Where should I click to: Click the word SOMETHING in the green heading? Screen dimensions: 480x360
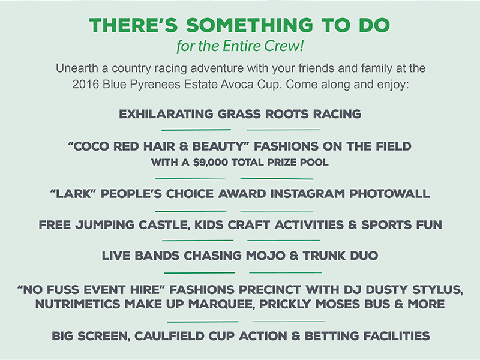250,25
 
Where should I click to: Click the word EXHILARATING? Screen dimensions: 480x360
166,114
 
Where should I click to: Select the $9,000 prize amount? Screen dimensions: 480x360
211,162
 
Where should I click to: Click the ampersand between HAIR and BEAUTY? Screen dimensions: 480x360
184,146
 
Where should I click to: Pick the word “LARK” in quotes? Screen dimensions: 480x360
73,194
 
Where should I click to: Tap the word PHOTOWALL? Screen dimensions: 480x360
389,194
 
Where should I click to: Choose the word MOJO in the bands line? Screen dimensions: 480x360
266,256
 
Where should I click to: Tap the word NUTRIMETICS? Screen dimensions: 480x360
78,304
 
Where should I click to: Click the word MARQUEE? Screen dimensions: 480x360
221,305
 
